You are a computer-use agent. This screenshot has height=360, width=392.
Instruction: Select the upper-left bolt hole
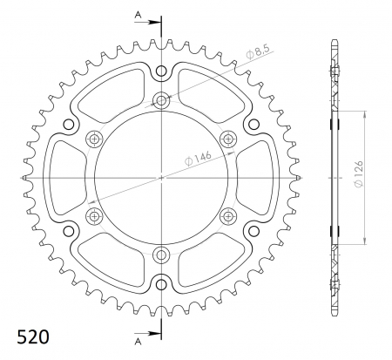point(94,138)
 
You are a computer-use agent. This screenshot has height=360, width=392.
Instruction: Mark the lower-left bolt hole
point(94,215)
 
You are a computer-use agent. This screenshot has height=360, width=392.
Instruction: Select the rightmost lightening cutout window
point(258,176)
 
